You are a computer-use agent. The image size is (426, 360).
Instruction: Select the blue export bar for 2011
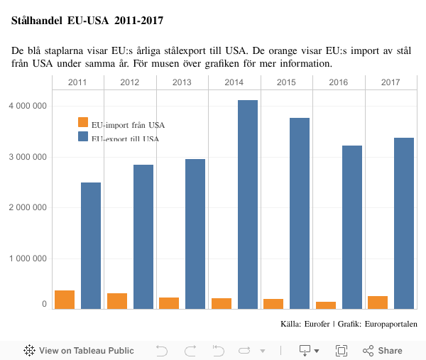pos(91,246)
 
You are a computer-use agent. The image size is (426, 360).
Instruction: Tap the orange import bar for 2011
pos(65,300)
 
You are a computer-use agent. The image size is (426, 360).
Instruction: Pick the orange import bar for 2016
pos(326,305)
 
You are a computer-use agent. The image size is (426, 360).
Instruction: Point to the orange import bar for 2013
pos(169,303)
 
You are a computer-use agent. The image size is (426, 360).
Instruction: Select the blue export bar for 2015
pos(300,213)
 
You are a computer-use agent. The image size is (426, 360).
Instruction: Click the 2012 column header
pos(130,82)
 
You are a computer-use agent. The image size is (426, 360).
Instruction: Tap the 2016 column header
pos(339,82)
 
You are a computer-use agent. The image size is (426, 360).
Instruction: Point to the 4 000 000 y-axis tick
pos(27,106)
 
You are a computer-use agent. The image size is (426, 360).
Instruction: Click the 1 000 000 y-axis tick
pos(27,258)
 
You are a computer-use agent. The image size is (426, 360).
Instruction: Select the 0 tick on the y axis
pos(44,305)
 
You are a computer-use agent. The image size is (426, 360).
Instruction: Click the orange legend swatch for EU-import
pos(83,122)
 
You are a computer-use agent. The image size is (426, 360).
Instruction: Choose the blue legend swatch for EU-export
pos(83,137)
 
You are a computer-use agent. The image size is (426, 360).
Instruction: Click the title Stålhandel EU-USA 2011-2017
pos(87,21)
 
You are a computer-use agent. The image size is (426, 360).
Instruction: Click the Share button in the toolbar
pos(383,350)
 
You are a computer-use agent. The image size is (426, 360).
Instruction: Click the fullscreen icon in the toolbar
pos(342,350)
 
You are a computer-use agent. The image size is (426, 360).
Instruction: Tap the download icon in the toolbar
pos(305,350)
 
